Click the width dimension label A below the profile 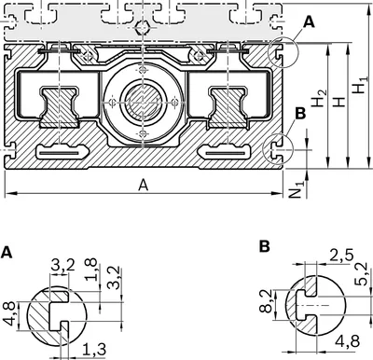144,186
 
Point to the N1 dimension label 297,189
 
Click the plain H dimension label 339,102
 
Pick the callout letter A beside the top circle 309,22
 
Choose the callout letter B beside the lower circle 300,114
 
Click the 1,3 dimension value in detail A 94,350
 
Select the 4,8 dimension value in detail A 10,314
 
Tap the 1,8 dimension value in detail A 91,270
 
